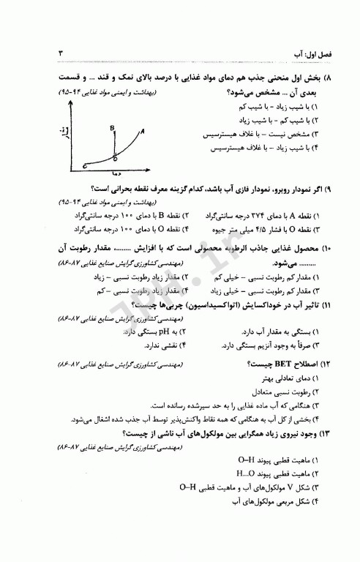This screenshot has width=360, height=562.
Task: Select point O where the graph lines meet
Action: (116, 156)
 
